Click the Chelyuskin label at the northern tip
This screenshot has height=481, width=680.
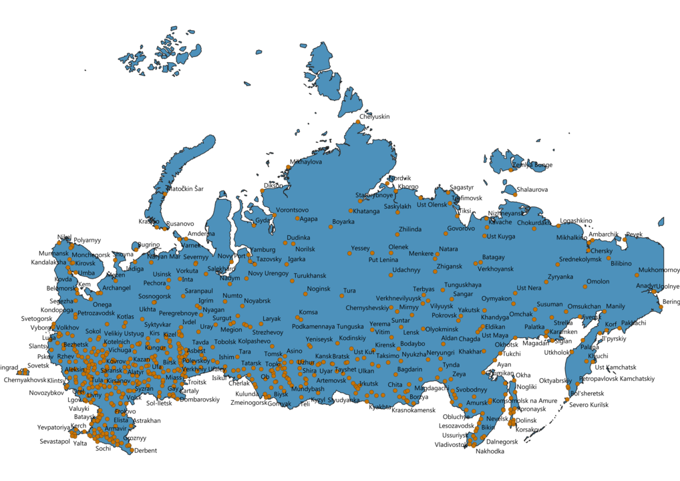click(x=374, y=116)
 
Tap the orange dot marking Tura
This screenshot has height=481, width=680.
click(x=337, y=291)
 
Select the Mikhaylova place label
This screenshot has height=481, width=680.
click(x=306, y=162)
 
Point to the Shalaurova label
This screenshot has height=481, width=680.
click(x=532, y=190)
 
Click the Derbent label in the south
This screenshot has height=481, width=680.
click(x=145, y=450)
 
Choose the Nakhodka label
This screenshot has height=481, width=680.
click(x=490, y=451)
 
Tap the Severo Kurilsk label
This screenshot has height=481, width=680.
click(x=589, y=405)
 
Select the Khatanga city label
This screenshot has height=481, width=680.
click(x=366, y=212)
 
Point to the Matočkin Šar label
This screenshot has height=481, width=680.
click(x=185, y=189)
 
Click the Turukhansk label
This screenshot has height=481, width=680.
click(x=309, y=276)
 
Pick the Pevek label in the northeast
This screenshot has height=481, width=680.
click(x=634, y=234)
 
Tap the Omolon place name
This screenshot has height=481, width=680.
click(x=597, y=281)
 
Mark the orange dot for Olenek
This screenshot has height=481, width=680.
click(x=391, y=253)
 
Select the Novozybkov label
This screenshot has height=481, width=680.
click(x=46, y=393)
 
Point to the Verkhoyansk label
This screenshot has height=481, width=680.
click(x=496, y=269)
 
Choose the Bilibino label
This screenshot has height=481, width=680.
click(x=621, y=263)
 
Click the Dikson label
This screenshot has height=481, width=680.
click(x=273, y=186)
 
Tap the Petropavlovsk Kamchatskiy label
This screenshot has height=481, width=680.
click(x=617, y=379)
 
